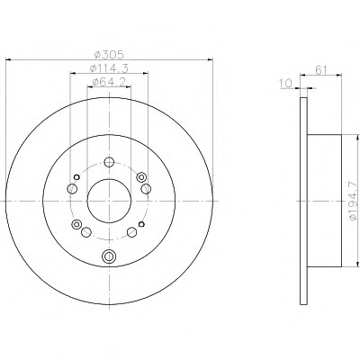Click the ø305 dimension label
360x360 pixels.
[x=109, y=55]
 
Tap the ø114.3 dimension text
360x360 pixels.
[x=109, y=68]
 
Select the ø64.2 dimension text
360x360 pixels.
[x=109, y=82]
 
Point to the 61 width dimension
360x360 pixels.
[x=321, y=70]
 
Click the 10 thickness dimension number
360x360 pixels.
[x=286, y=84]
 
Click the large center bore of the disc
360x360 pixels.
[x=109, y=201]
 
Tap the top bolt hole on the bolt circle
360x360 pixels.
[x=109, y=162]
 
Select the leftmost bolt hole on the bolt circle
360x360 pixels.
[x=72, y=189]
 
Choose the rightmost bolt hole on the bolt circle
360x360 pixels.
[x=146, y=189]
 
